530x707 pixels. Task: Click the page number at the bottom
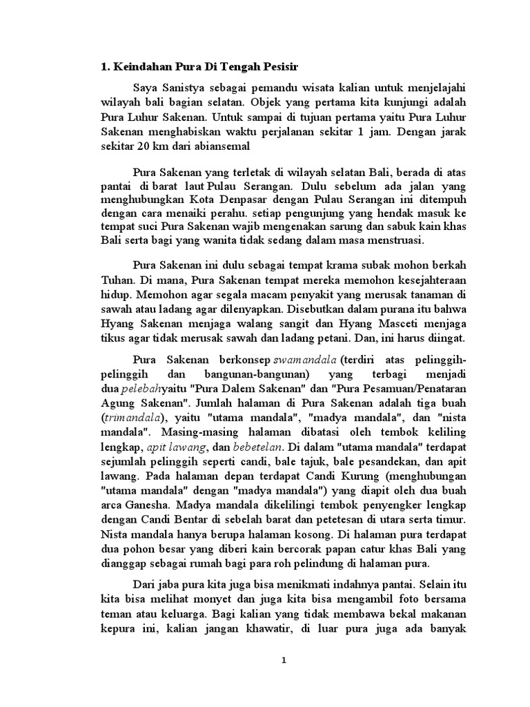pyautogui.click(x=284, y=661)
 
